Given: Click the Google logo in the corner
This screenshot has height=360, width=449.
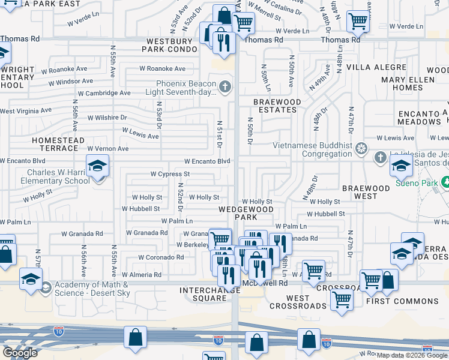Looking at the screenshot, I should coord(20,353).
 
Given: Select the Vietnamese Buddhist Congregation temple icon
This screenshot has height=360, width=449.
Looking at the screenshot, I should coord(361,148).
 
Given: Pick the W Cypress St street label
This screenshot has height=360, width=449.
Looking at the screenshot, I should coord(170,174).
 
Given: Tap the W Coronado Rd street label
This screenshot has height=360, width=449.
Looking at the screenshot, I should coord(161,257).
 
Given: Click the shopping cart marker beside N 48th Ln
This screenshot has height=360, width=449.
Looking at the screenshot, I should coord(358,22).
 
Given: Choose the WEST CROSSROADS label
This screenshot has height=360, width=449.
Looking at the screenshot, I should coord(289,302).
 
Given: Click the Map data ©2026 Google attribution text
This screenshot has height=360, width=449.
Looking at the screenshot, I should coord(412,355).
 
